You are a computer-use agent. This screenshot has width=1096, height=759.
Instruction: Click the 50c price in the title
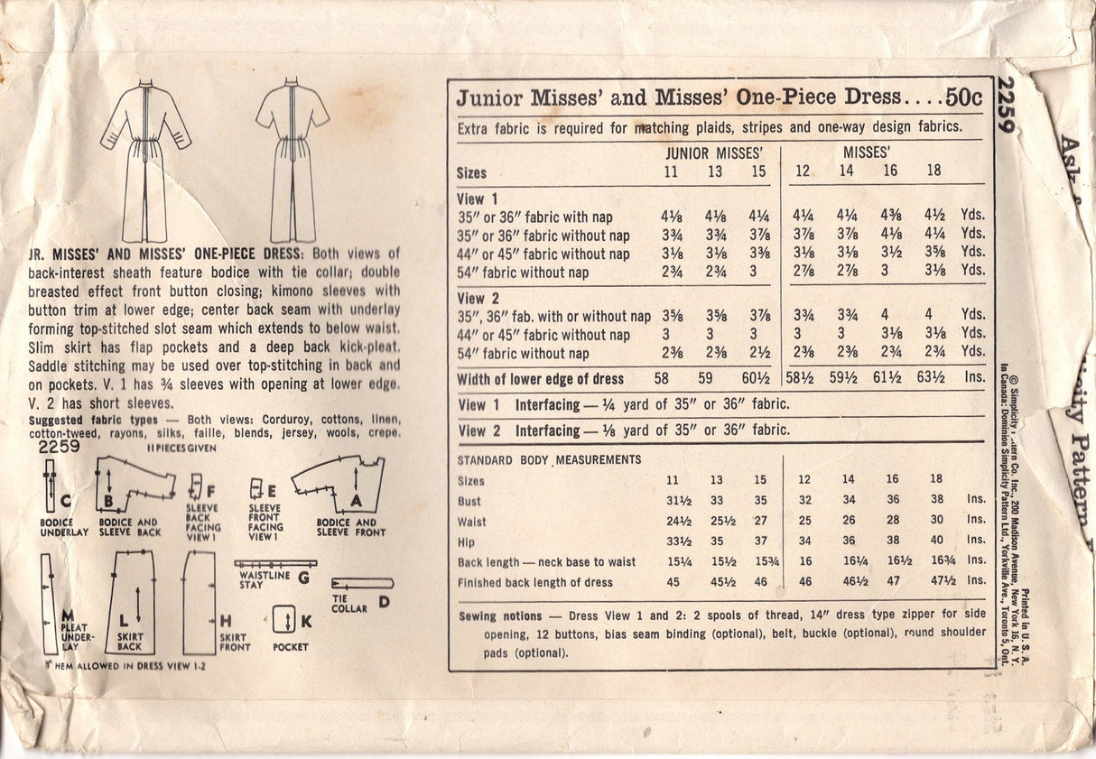pyautogui.click(x=965, y=97)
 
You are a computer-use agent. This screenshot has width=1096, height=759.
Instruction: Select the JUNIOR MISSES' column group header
pyautogui.click(x=712, y=153)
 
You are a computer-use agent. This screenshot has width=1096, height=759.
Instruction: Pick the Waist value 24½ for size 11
pyautogui.click(x=672, y=521)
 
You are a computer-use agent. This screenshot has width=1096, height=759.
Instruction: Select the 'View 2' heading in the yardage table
pyautogui.click(x=478, y=298)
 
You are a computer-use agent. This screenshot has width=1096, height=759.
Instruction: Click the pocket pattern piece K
pyautogui.click(x=283, y=621)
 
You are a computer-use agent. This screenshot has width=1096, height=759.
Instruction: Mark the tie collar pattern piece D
pyautogui.click(x=361, y=583)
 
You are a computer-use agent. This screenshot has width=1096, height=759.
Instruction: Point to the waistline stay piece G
pyautogui.click(x=275, y=564)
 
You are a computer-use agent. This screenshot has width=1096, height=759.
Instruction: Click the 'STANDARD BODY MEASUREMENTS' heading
pyautogui.click(x=549, y=460)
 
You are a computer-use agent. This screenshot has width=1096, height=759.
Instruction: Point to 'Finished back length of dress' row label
pyautogui.click(x=535, y=582)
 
